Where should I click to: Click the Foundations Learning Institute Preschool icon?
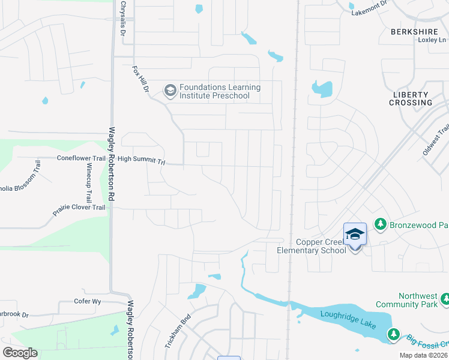(170, 91)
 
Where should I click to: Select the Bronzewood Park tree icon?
(379, 224)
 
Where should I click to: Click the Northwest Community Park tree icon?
(445, 299)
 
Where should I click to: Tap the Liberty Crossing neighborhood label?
(411, 98)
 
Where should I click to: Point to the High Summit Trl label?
(141, 160)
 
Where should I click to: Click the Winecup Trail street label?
(88, 180)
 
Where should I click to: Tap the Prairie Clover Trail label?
(77, 208)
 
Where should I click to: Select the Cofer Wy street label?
(86, 301)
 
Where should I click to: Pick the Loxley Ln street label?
(432, 40)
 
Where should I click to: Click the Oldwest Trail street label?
(435, 140)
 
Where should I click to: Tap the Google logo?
(20, 352)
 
